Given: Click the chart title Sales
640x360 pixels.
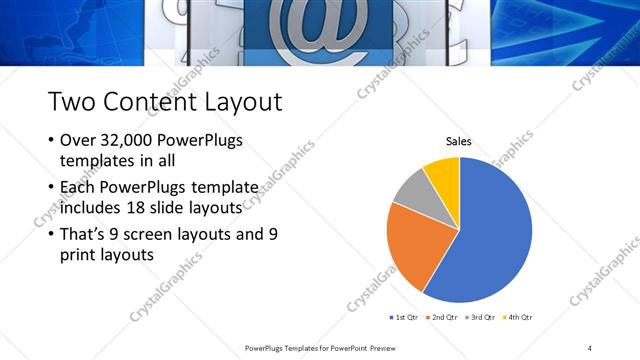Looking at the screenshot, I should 459,142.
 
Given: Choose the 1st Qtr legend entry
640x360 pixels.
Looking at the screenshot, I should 403,317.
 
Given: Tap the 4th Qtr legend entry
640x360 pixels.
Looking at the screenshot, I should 517,317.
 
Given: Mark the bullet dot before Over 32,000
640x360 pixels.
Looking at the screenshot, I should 51,141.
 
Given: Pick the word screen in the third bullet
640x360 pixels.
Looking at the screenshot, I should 149,234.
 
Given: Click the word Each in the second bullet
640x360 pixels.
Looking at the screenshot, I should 79,187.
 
